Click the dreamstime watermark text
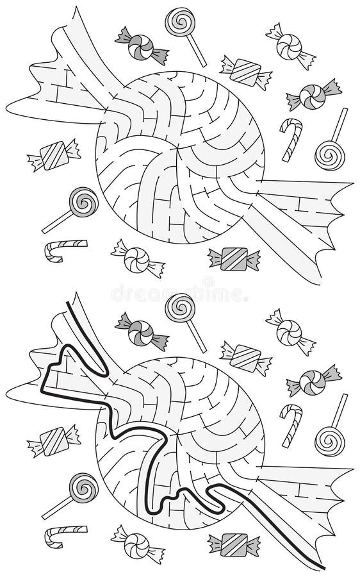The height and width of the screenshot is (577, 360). (x=179, y=292)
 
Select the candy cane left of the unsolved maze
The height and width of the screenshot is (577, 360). (x=65, y=249)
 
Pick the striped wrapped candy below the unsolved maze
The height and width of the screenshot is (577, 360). (x=234, y=258)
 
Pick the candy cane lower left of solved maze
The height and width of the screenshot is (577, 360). (x=65, y=535)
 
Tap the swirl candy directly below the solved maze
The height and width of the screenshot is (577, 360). (x=136, y=544)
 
